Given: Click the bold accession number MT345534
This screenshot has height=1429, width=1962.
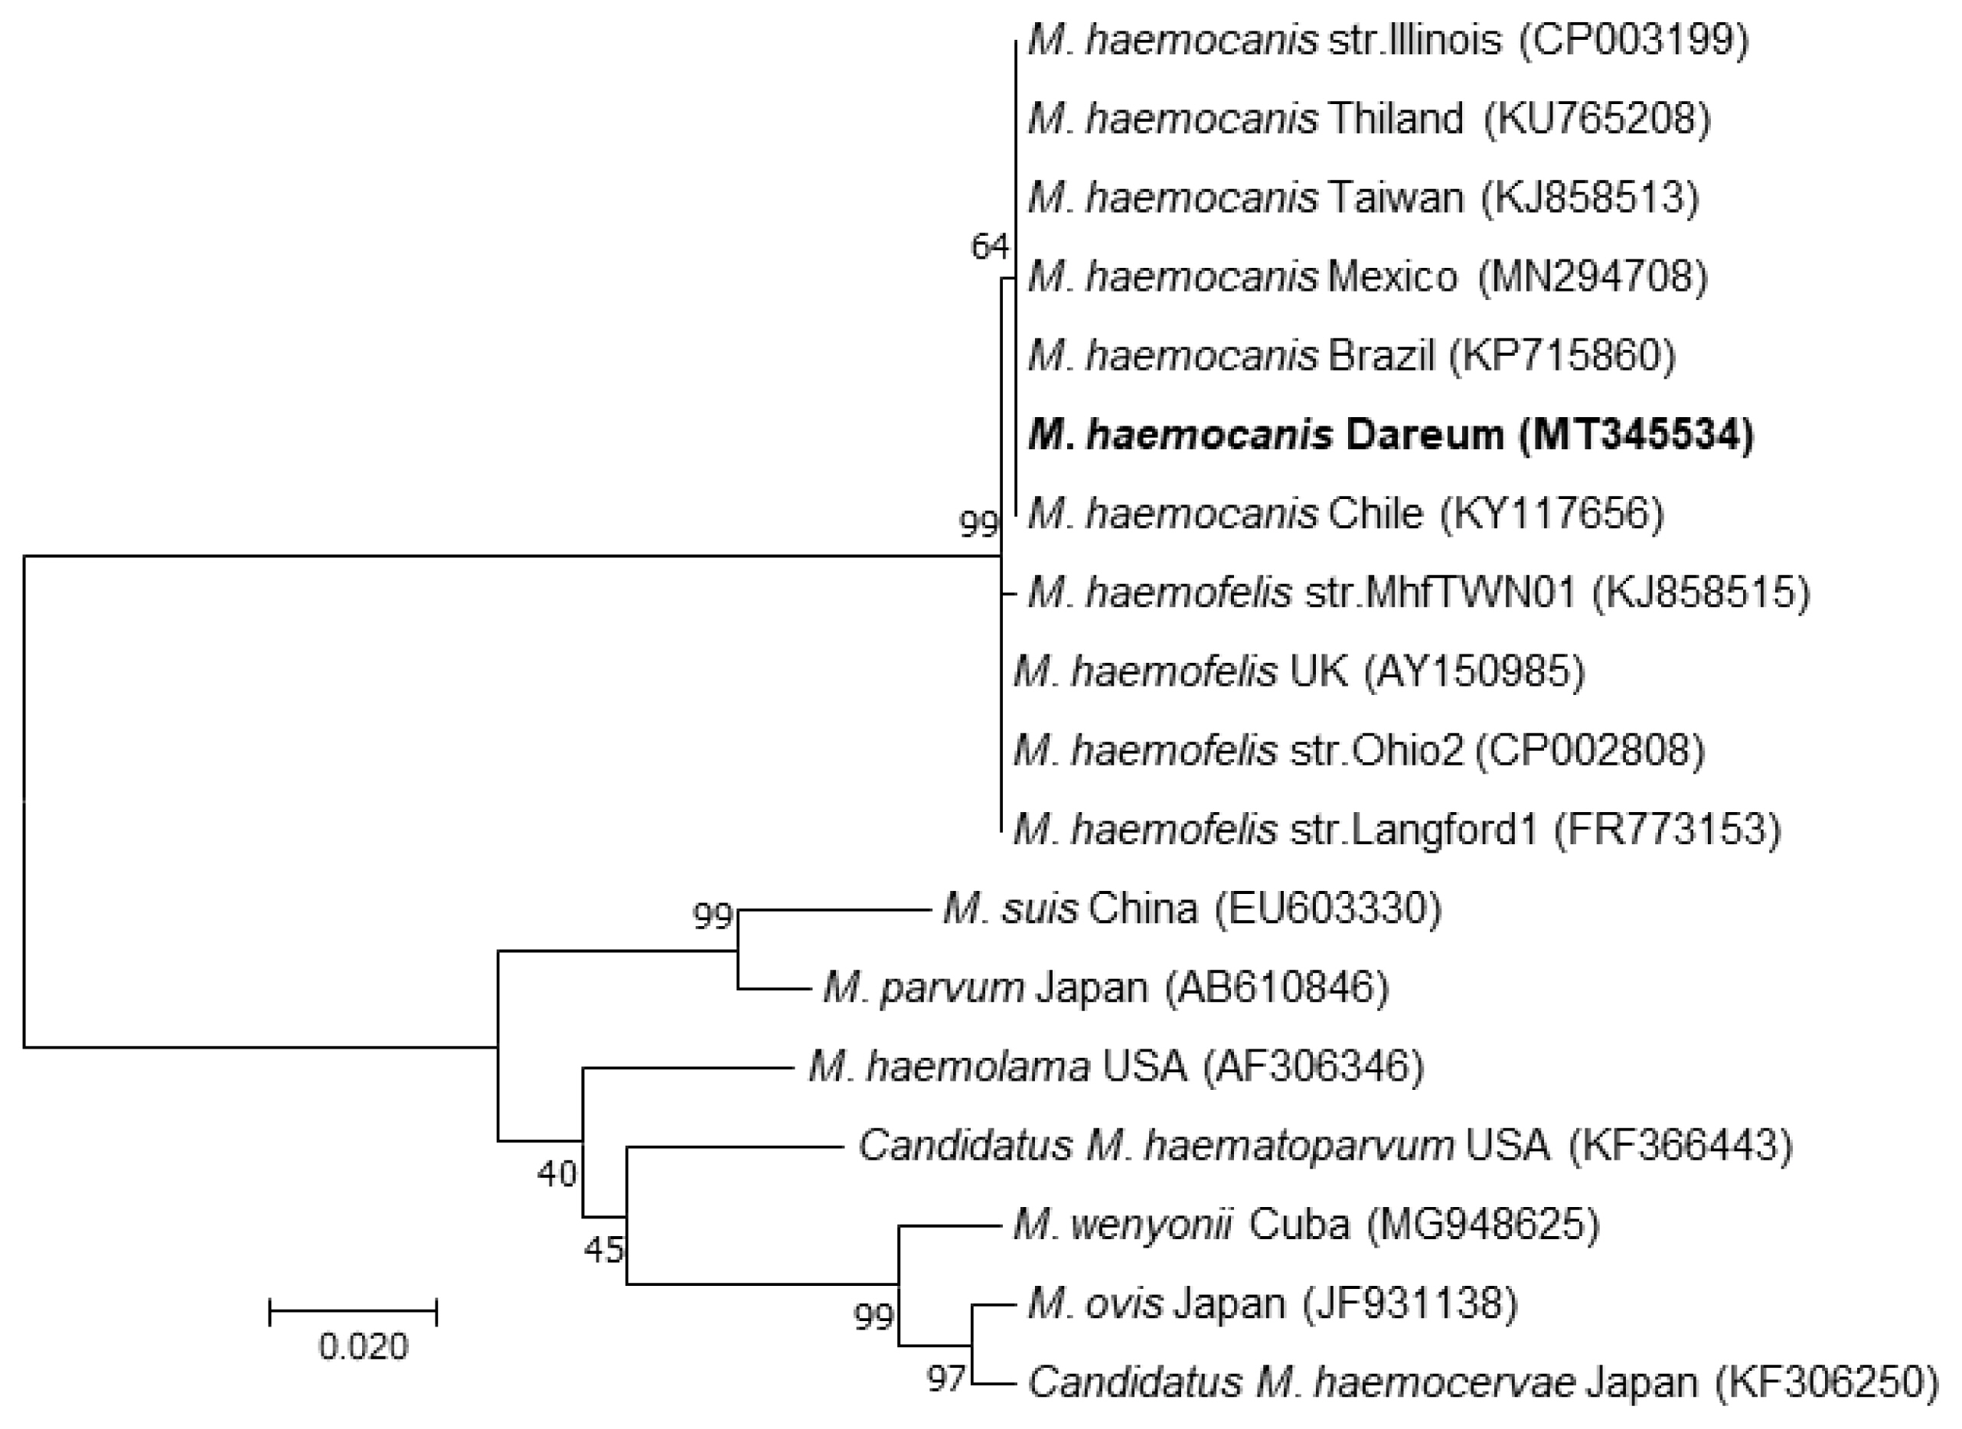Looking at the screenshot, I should [1635, 435].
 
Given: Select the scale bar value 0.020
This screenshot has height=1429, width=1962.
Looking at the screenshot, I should [364, 1347].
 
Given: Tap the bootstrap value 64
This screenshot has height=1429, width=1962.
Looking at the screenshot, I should [989, 247].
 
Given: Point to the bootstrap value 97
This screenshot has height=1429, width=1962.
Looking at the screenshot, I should [945, 1378].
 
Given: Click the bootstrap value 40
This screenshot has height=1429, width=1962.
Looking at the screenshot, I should [557, 1174].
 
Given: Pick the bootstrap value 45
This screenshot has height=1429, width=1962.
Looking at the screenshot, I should [603, 1249].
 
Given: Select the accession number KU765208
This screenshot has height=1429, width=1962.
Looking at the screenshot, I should [1597, 119].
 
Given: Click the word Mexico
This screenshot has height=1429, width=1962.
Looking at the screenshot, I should [1392, 277].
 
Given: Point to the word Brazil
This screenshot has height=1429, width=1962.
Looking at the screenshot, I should [1381, 355].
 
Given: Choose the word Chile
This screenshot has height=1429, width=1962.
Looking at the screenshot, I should [1376, 514].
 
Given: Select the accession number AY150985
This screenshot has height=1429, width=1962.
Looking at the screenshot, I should [1474, 671].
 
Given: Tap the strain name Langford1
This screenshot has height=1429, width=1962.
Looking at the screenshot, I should [1444, 830].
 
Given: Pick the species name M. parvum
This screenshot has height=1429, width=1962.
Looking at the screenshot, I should [923, 987].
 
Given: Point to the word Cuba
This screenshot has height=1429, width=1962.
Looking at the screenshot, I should [1299, 1225].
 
